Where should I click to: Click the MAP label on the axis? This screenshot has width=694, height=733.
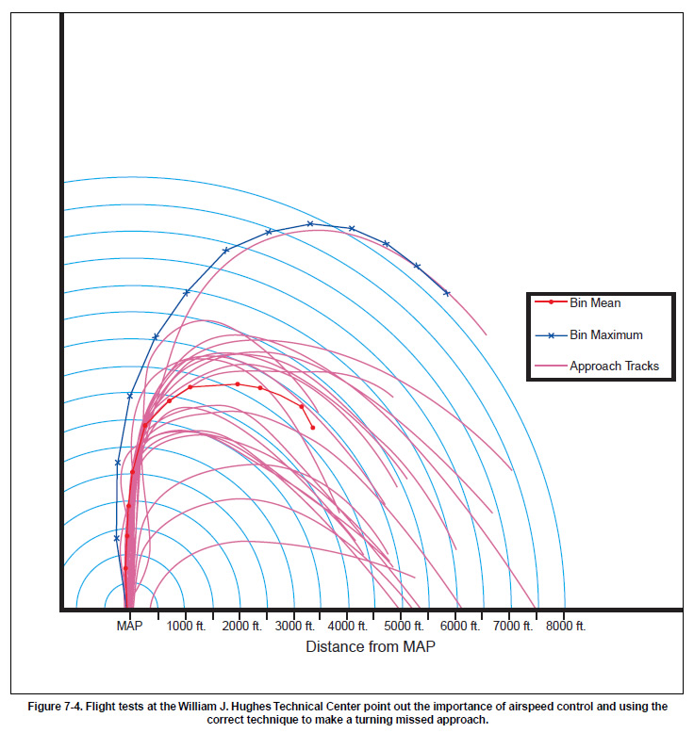[129, 626]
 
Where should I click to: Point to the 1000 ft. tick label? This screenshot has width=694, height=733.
[186, 626]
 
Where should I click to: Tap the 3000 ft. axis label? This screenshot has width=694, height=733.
[294, 626]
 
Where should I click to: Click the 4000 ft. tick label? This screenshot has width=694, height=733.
[348, 626]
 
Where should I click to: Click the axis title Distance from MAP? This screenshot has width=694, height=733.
[371, 647]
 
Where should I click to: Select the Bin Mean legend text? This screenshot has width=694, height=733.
[595, 303]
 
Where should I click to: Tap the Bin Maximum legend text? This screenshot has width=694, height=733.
[606, 334]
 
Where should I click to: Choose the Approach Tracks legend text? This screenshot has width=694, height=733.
[614, 366]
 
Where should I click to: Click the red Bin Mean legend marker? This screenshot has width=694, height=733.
[550, 302]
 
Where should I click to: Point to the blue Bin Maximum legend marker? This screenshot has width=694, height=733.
[550, 334]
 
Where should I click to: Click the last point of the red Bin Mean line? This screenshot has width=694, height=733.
[313, 428]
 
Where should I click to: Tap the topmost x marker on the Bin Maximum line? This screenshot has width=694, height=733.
[310, 223]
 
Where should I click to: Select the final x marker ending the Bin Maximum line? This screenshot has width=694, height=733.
[447, 293]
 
